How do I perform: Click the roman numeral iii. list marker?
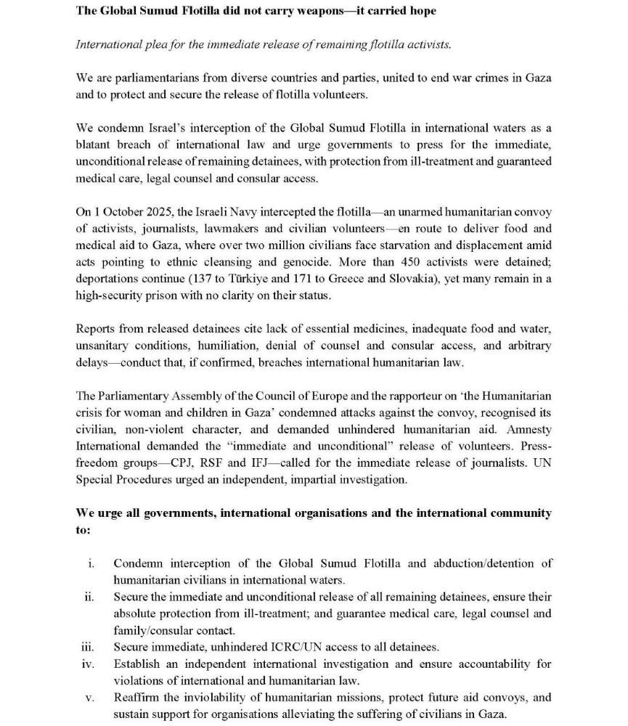88,647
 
